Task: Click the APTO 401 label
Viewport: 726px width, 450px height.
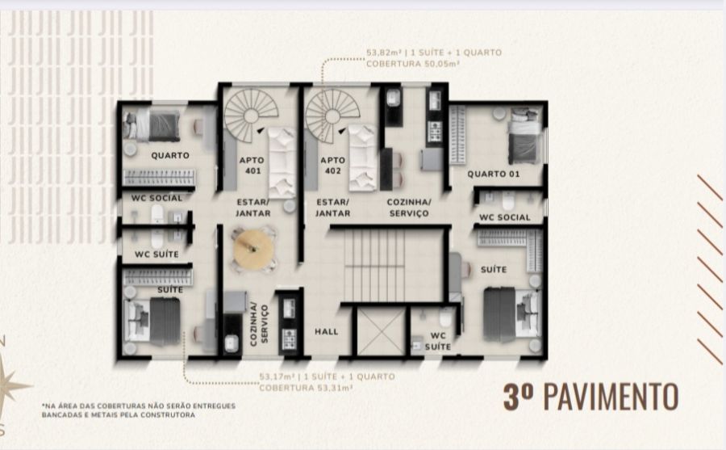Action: (252, 165)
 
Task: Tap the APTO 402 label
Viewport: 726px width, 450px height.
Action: (333, 165)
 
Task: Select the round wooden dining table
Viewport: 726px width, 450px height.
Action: (254, 249)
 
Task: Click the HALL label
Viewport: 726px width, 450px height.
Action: (327, 332)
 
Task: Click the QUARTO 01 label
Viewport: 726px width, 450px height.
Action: (493, 174)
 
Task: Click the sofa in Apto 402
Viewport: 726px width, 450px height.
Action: (363, 158)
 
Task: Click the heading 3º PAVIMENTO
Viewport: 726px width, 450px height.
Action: (590, 397)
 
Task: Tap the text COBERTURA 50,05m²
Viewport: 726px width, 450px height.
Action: (412, 64)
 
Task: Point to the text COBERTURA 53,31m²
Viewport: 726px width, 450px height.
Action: (306, 387)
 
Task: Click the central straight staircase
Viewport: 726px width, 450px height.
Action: (375, 265)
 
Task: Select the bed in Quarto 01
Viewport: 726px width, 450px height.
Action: (524, 136)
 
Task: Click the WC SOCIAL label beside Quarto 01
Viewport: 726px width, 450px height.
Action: (505, 217)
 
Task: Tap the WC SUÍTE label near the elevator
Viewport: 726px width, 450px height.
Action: (437, 341)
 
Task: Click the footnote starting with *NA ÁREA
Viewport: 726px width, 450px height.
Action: (139, 410)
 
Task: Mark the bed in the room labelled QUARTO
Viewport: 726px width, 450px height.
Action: (152, 125)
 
